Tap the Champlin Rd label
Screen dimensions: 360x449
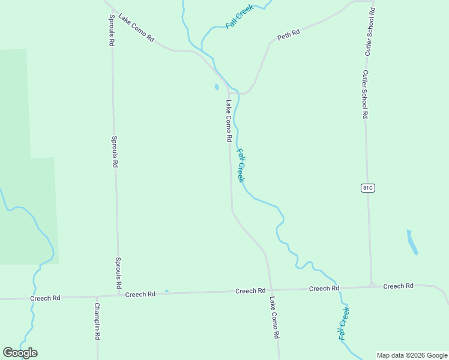click(x=97, y=321)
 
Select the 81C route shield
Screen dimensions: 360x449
click(x=368, y=188)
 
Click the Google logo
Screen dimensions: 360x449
click(x=20, y=353)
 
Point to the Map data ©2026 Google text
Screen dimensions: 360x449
click(x=412, y=355)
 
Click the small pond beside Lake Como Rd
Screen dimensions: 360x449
click(x=217, y=87)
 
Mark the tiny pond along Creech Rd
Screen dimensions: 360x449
click(x=167, y=292)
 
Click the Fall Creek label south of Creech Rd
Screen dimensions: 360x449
click(x=344, y=323)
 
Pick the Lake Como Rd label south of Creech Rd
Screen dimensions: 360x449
click(x=274, y=318)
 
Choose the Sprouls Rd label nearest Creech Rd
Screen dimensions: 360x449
click(x=119, y=272)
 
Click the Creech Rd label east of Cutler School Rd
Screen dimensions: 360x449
click(x=399, y=286)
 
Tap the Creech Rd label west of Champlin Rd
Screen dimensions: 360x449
click(x=45, y=298)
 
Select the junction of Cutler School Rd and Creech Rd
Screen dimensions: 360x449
click(x=372, y=286)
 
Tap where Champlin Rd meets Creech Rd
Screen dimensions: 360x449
click(x=97, y=296)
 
